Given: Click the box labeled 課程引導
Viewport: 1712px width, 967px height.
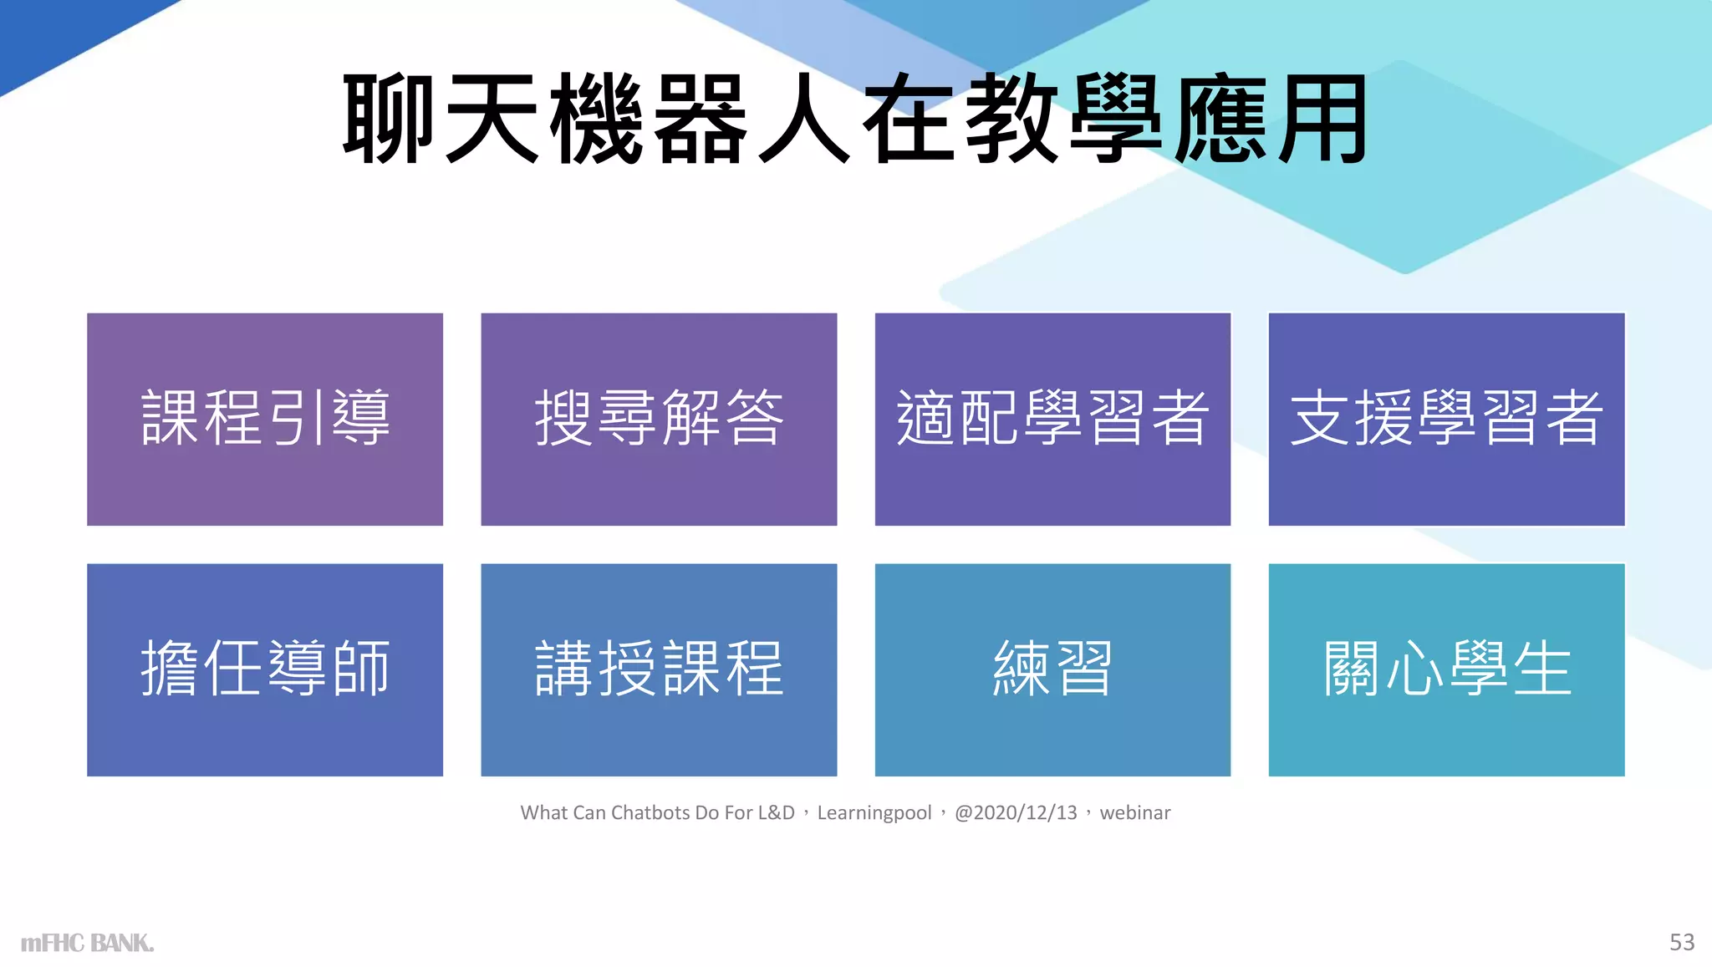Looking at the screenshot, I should tap(265, 419).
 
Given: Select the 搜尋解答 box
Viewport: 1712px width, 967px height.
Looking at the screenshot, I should tap(659, 419).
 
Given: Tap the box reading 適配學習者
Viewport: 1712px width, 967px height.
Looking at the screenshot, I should tap(1052, 419).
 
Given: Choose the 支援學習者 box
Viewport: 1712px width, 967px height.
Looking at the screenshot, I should tap(1446, 419).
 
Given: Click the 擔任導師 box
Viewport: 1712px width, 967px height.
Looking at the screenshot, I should tap(265, 669).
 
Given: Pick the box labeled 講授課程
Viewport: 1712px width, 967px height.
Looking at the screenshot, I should tap(659, 669).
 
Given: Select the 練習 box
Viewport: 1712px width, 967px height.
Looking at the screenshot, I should tap(1052, 669).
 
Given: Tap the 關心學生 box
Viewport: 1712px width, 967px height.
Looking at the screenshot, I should tap(1446, 669).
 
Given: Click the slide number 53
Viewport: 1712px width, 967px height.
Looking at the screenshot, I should tap(1682, 942).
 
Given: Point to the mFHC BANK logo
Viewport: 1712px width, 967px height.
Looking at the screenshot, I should tap(87, 943).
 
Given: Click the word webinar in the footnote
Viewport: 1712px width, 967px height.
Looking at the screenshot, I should tap(1134, 812).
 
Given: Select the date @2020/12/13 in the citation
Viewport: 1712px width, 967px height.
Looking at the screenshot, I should tap(1016, 812).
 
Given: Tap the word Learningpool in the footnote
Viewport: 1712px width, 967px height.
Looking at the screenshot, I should tap(874, 812).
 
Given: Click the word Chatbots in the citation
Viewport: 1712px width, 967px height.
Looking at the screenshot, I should tap(650, 812).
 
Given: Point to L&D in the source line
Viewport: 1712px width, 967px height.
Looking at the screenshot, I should tap(776, 812).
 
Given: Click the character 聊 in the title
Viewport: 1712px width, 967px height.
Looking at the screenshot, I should tap(390, 119).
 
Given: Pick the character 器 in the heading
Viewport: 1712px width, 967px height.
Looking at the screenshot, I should tap(701, 119).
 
